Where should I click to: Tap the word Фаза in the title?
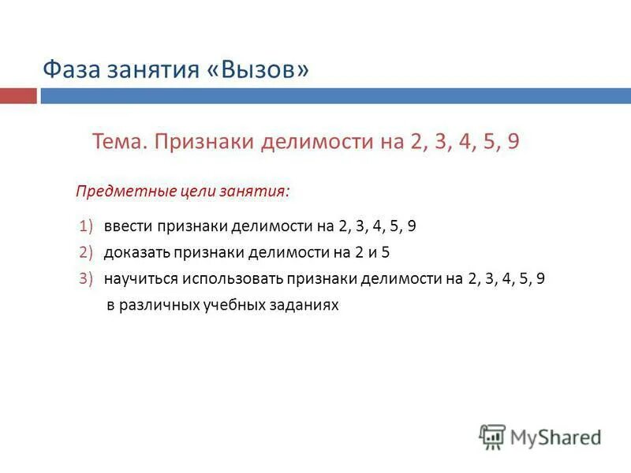69,70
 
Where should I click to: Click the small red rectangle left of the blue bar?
18,95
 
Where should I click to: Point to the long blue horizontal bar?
336,95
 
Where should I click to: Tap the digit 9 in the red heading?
513,142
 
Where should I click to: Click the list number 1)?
87,227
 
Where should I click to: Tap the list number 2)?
87,253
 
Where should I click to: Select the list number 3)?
87,279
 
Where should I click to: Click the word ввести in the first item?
127,227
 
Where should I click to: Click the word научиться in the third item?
140,279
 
